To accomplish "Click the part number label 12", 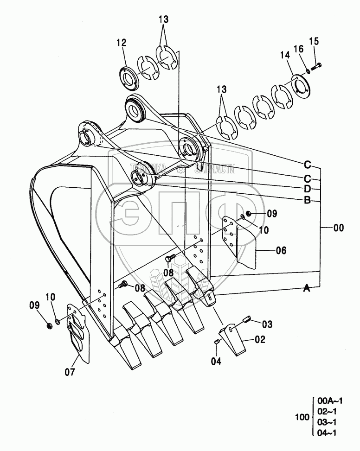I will (121, 42).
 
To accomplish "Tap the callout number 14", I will (284, 55).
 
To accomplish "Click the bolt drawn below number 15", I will (317, 66).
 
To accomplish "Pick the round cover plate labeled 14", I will (300, 84).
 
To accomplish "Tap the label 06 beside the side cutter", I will (281, 250).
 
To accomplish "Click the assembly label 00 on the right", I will (339, 228).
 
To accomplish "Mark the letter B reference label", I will (307, 200).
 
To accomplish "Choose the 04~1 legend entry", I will (328, 433).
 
